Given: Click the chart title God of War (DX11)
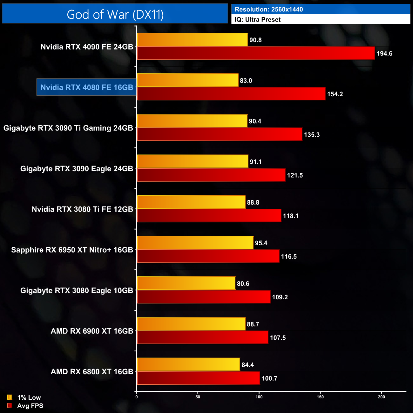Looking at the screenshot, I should [x=115, y=15].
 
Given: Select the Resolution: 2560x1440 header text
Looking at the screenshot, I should [x=268, y=9].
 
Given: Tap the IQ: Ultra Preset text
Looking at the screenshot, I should [x=257, y=20].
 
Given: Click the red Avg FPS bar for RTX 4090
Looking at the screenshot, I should [x=256, y=53].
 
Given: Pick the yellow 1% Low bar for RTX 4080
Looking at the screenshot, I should [x=187, y=80].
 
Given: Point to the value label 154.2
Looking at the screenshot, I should [x=335, y=94].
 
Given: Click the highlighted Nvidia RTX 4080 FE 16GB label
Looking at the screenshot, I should [x=87, y=87].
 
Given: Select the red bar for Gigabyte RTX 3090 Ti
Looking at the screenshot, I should [x=219, y=134].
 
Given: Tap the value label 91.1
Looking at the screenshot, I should [x=255, y=162].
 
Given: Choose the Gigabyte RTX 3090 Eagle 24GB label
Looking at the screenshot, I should [x=77, y=169].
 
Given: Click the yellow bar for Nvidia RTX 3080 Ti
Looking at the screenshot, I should [x=191, y=202].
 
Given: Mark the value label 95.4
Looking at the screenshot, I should [x=261, y=243].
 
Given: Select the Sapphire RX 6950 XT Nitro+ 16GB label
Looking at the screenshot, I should [x=72, y=250].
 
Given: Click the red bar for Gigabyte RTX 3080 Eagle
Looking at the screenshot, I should [x=203, y=297].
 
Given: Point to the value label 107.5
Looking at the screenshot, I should [x=278, y=338].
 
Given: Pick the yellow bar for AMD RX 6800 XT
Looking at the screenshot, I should [x=188, y=364].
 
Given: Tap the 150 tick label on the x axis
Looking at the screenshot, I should [x=320, y=397].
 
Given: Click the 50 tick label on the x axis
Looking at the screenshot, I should [x=198, y=397].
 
